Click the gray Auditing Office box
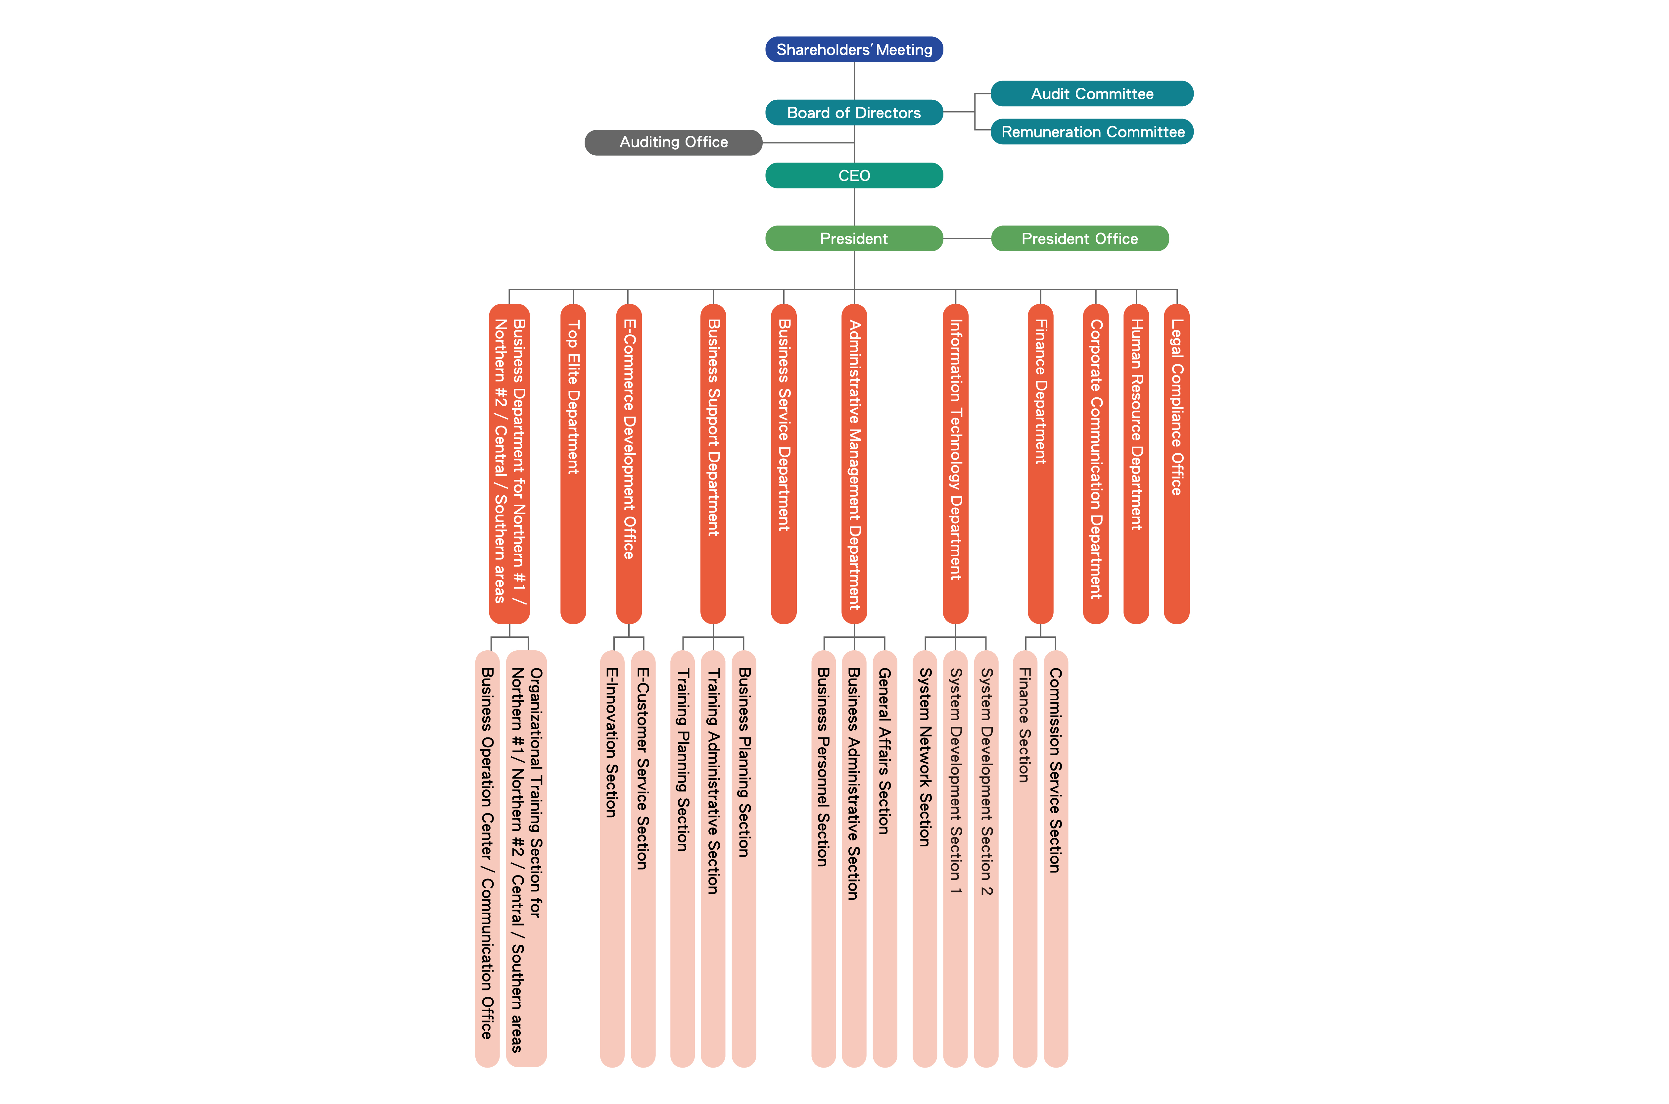[x=673, y=142]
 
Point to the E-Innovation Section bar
[x=612, y=858]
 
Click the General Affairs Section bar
[x=884, y=858]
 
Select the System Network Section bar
[x=925, y=858]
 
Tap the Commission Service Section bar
[x=1055, y=858]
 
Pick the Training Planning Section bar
[x=682, y=858]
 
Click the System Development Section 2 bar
[x=986, y=858]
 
